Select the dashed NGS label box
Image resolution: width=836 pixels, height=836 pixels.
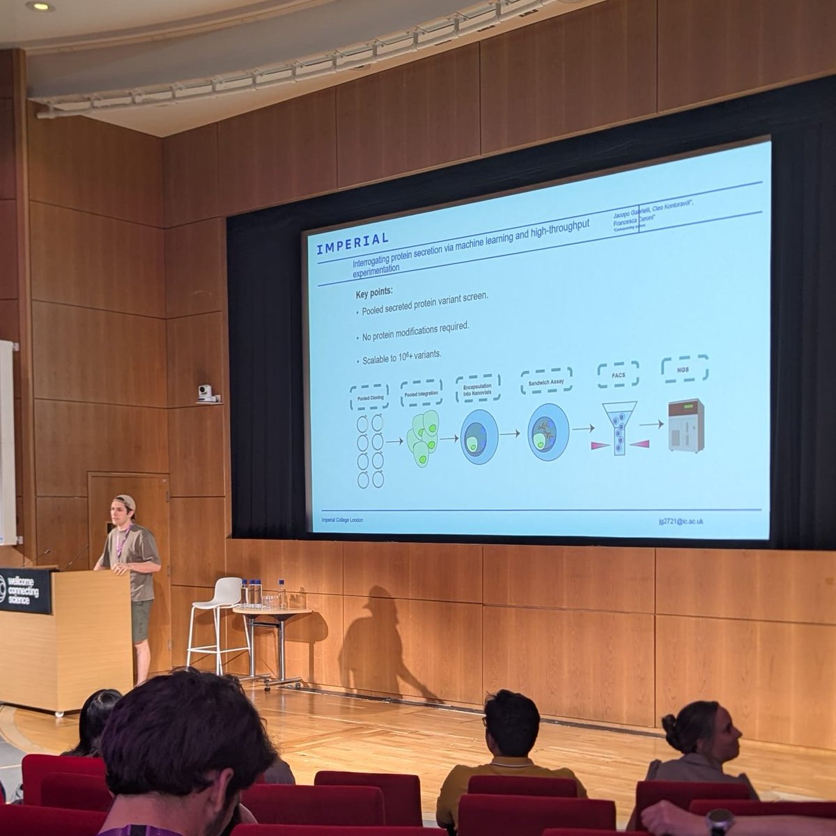pyautogui.click(x=684, y=369)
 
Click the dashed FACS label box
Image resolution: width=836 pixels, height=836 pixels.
pyautogui.click(x=618, y=375)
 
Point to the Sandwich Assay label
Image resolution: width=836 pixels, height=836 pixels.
pyautogui.click(x=546, y=380)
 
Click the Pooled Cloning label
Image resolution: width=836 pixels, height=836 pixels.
pyautogui.click(x=369, y=398)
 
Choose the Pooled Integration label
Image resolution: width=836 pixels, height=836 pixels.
pyautogui.click(x=421, y=393)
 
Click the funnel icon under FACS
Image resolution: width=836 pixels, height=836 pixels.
pyautogui.click(x=619, y=427)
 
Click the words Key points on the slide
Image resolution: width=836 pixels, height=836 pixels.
pyautogui.click(x=374, y=293)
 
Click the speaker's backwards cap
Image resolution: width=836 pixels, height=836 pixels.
pyautogui.click(x=125, y=501)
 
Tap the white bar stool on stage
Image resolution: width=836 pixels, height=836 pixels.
pyautogui.click(x=219, y=620)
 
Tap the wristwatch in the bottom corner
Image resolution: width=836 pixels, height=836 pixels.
pyautogui.click(x=719, y=822)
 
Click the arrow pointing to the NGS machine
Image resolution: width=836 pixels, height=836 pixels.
pyautogui.click(x=651, y=424)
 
